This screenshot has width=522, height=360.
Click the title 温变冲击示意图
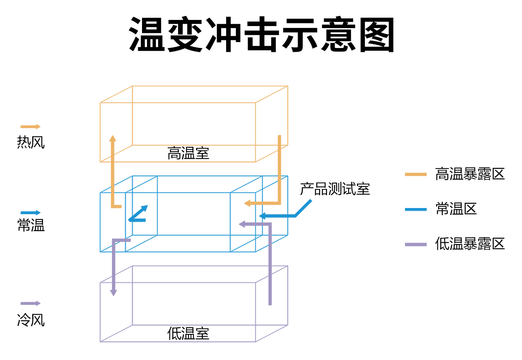pyautogui.click(x=262, y=35)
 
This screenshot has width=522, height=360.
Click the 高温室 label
pyautogui.click(x=188, y=153)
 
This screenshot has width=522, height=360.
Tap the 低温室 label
pyautogui.click(x=188, y=333)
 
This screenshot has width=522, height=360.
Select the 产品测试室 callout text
pyautogui.click(x=335, y=189)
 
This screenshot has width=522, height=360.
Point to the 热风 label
pyautogui.click(x=31, y=142)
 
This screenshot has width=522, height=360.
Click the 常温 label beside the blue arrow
pyautogui.click(x=31, y=225)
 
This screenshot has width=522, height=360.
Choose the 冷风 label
pyautogui.click(x=31, y=320)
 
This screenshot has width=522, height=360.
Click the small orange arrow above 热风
pyautogui.click(x=30, y=127)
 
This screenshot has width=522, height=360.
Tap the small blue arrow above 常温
pyautogui.click(x=30, y=213)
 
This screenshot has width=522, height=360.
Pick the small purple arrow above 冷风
pyautogui.click(x=30, y=303)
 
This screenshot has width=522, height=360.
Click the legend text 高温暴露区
pyautogui.click(x=469, y=174)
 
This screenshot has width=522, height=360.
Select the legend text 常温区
pyautogui.click(x=456, y=209)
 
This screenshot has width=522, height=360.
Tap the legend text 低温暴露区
pyautogui.click(x=469, y=244)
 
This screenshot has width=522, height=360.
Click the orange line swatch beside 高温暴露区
pyautogui.click(x=416, y=174)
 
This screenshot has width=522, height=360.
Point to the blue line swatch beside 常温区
pyautogui.click(x=416, y=210)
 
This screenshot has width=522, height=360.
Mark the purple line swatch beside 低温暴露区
pyautogui.click(x=416, y=244)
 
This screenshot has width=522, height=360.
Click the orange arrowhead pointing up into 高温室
pyautogui.click(x=112, y=139)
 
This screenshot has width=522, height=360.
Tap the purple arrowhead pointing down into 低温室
pyautogui.click(x=114, y=292)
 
